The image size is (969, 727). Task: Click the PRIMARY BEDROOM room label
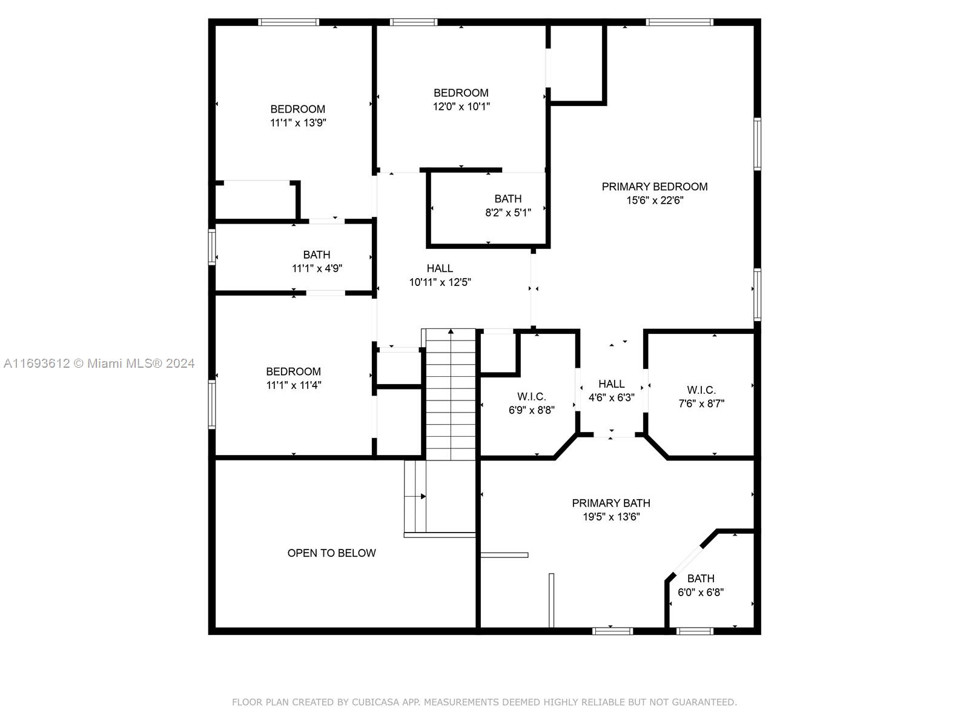[654, 187]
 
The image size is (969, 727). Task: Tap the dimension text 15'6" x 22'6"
[654, 201]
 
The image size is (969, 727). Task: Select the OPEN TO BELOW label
[331, 553]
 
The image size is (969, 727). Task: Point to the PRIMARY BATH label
[611, 503]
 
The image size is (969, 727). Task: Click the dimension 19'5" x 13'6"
[611, 517]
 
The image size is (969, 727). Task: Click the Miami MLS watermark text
[99, 363]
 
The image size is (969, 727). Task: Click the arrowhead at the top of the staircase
[451, 331]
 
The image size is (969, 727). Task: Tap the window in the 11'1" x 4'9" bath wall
[212, 247]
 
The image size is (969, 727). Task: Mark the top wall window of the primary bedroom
[680, 22]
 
